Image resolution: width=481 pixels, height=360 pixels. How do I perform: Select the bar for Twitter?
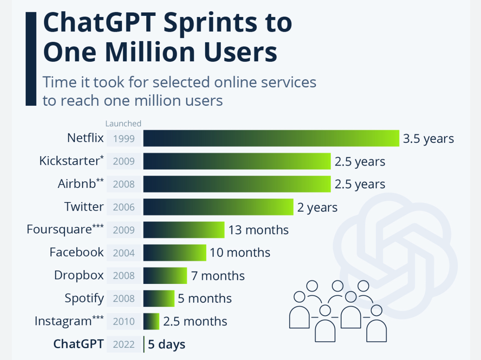(218, 207)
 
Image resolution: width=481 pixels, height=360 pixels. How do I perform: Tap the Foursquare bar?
(184, 230)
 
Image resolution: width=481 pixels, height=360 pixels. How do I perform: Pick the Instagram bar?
(151, 321)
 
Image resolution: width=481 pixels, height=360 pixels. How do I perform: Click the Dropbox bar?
(165, 276)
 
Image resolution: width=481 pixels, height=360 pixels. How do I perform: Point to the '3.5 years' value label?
(428, 139)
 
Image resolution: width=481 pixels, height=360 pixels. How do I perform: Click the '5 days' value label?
(167, 344)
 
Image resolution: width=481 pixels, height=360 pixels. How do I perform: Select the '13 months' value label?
(259, 230)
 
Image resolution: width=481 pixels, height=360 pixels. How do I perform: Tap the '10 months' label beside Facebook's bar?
(240, 253)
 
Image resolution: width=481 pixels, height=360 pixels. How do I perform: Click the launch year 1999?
(124, 139)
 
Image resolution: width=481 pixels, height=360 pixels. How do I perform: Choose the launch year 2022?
(124, 344)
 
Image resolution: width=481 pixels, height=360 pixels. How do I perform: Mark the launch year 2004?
(124, 253)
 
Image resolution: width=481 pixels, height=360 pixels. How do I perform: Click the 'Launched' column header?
(123, 123)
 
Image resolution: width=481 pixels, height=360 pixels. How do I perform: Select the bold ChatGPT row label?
(79, 344)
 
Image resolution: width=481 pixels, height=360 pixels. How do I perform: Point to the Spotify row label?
(84, 298)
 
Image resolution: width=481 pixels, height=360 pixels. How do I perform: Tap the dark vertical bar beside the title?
(31, 59)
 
